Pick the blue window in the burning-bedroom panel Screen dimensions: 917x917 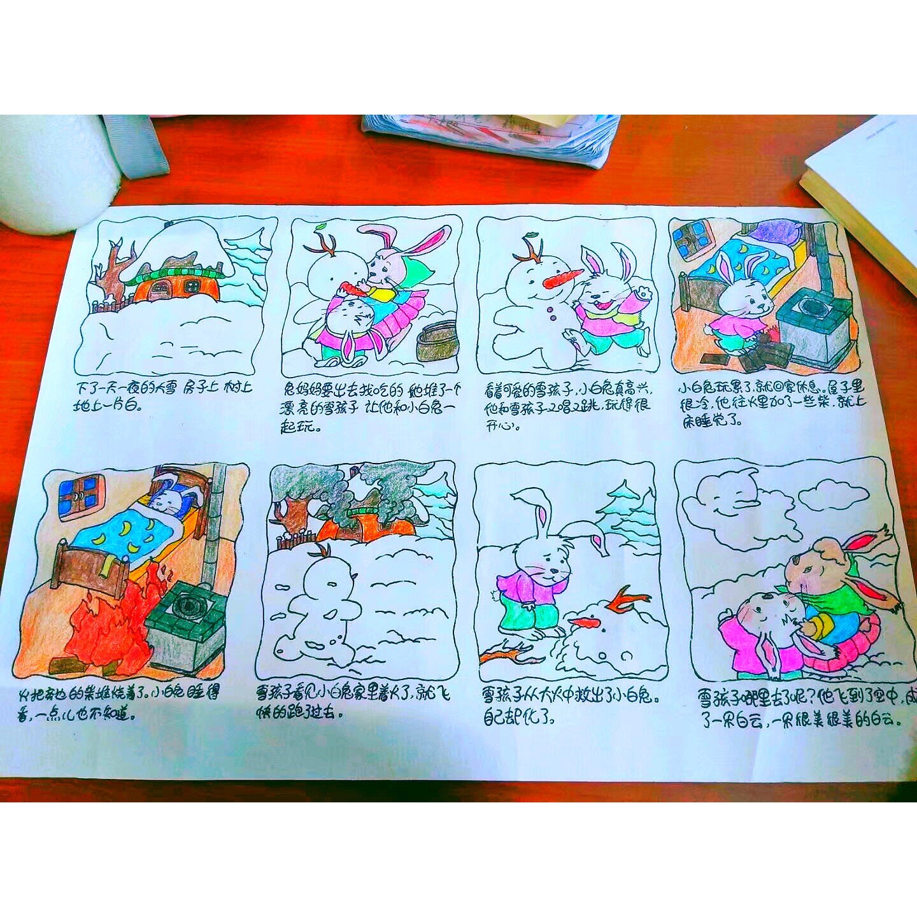[x=80, y=494]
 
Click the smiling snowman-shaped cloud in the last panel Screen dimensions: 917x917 [x=723, y=503]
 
